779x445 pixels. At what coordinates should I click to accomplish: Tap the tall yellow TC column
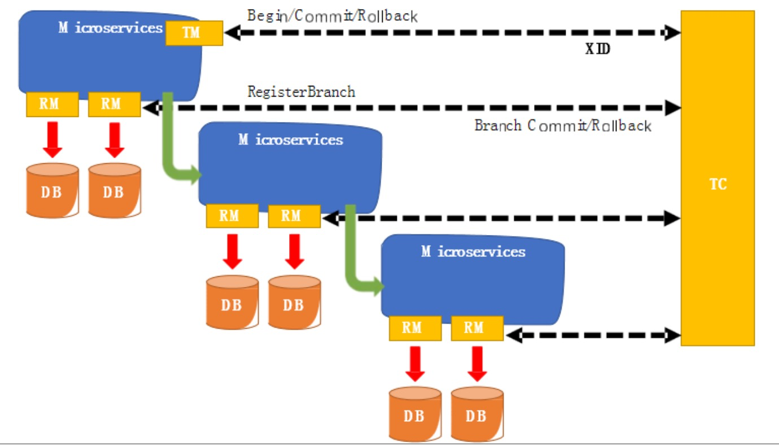(x=717, y=178)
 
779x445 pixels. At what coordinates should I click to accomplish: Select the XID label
(x=598, y=49)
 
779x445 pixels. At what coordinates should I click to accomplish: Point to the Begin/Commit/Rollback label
(x=332, y=16)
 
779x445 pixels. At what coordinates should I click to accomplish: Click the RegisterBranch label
(x=301, y=91)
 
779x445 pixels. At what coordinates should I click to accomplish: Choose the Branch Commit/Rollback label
(x=563, y=125)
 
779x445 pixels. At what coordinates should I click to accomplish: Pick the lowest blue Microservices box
(x=473, y=280)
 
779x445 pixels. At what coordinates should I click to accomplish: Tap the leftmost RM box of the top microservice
(x=52, y=104)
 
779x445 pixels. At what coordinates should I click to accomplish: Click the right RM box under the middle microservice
(x=294, y=216)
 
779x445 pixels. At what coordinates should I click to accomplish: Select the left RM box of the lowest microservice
(x=415, y=328)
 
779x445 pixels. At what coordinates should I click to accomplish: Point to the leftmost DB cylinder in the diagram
(x=52, y=190)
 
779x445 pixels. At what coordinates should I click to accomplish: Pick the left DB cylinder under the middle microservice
(x=232, y=302)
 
